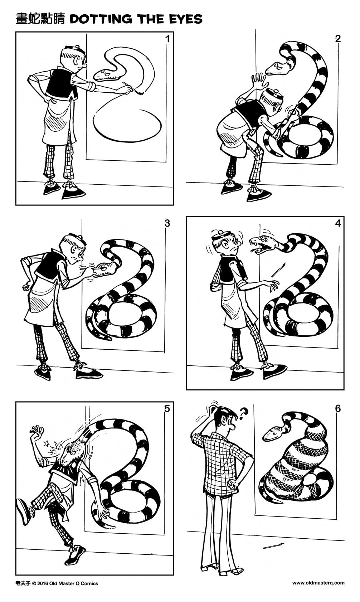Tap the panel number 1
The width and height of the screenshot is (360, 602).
click(167, 39)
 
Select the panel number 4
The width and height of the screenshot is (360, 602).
click(338, 224)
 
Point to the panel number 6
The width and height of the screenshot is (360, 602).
click(337, 408)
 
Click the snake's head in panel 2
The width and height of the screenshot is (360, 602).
click(278, 68)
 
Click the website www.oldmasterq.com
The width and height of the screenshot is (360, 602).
click(318, 583)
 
